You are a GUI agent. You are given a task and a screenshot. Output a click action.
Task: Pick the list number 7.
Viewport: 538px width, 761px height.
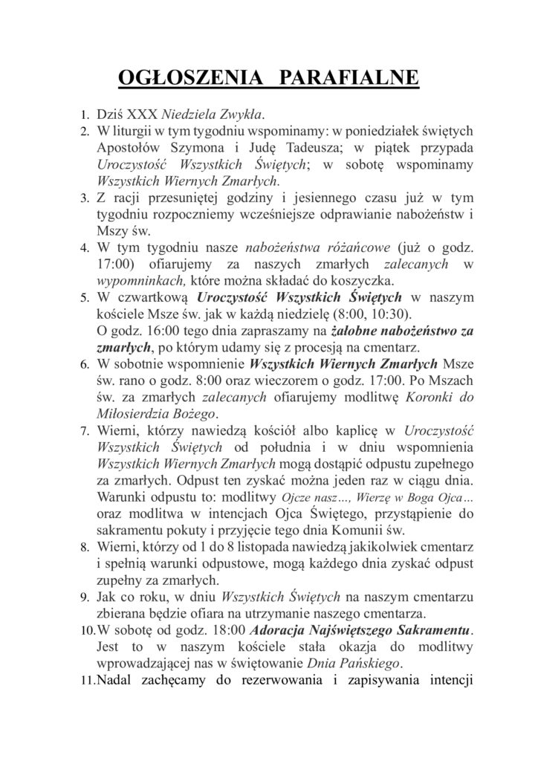coord(84,431)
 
